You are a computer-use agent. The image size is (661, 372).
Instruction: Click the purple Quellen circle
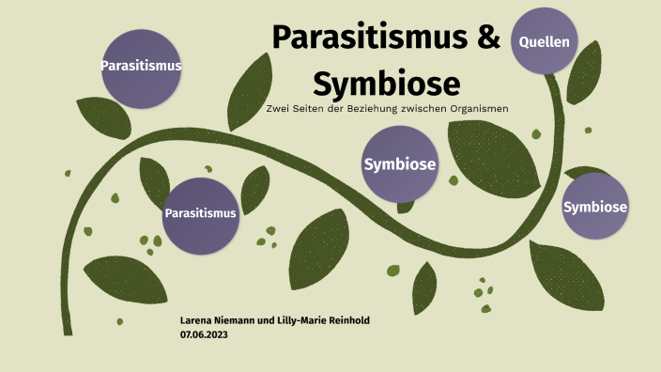click(545, 40)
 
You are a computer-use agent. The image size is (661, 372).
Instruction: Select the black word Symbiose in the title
click(387, 83)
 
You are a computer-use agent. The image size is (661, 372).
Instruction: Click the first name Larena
click(199, 320)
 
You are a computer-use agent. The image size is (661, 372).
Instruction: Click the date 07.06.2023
click(205, 333)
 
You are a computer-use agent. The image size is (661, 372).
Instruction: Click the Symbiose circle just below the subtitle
click(399, 164)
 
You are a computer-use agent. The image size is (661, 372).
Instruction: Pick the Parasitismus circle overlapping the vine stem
click(200, 213)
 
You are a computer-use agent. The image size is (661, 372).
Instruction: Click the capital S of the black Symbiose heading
click(324, 83)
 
